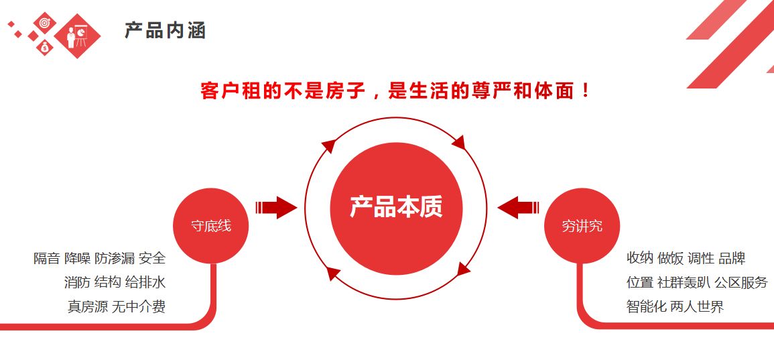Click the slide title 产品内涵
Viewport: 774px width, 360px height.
(x=165, y=30)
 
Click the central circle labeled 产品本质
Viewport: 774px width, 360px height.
(x=396, y=208)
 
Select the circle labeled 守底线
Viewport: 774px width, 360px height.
(x=211, y=226)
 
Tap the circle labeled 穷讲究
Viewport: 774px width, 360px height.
(x=582, y=226)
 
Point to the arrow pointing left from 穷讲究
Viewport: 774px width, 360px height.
(x=518, y=207)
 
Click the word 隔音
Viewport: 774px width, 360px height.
(x=47, y=258)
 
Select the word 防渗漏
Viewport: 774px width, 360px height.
(x=115, y=258)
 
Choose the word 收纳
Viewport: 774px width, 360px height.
(x=639, y=258)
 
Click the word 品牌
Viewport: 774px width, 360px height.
(x=732, y=258)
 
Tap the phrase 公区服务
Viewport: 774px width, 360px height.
(x=741, y=282)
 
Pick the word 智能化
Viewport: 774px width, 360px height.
(x=646, y=306)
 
